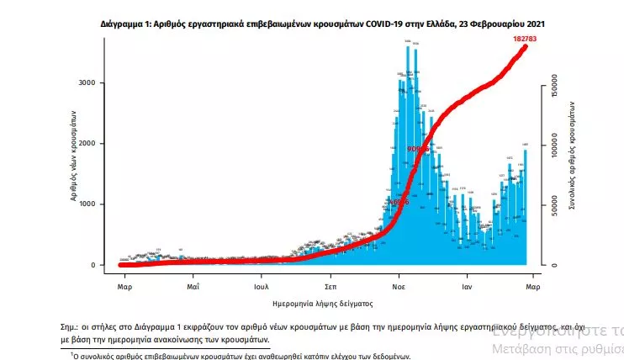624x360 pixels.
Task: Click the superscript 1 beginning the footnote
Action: (71, 354)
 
